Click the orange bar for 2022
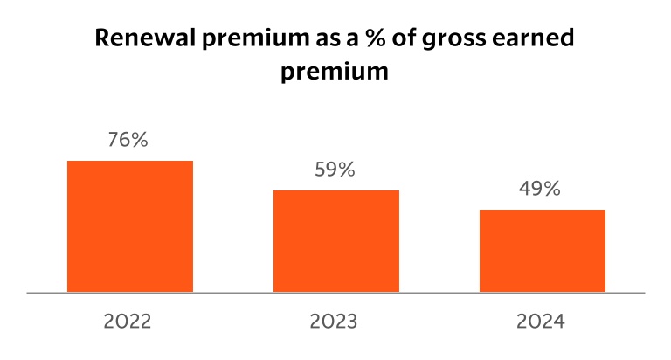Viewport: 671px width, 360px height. click(x=130, y=226)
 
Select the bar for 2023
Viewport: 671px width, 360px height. click(x=336, y=241)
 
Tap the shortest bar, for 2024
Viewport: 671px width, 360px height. click(x=543, y=251)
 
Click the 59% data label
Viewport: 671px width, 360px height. click(x=336, y=170)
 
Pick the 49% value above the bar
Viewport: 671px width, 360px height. click(x=542, y=189)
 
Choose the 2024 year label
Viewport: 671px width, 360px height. click(x=542, y=322)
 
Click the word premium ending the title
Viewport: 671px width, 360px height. click(x=335, y=73)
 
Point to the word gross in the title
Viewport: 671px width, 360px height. click(x=459, y=41)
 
